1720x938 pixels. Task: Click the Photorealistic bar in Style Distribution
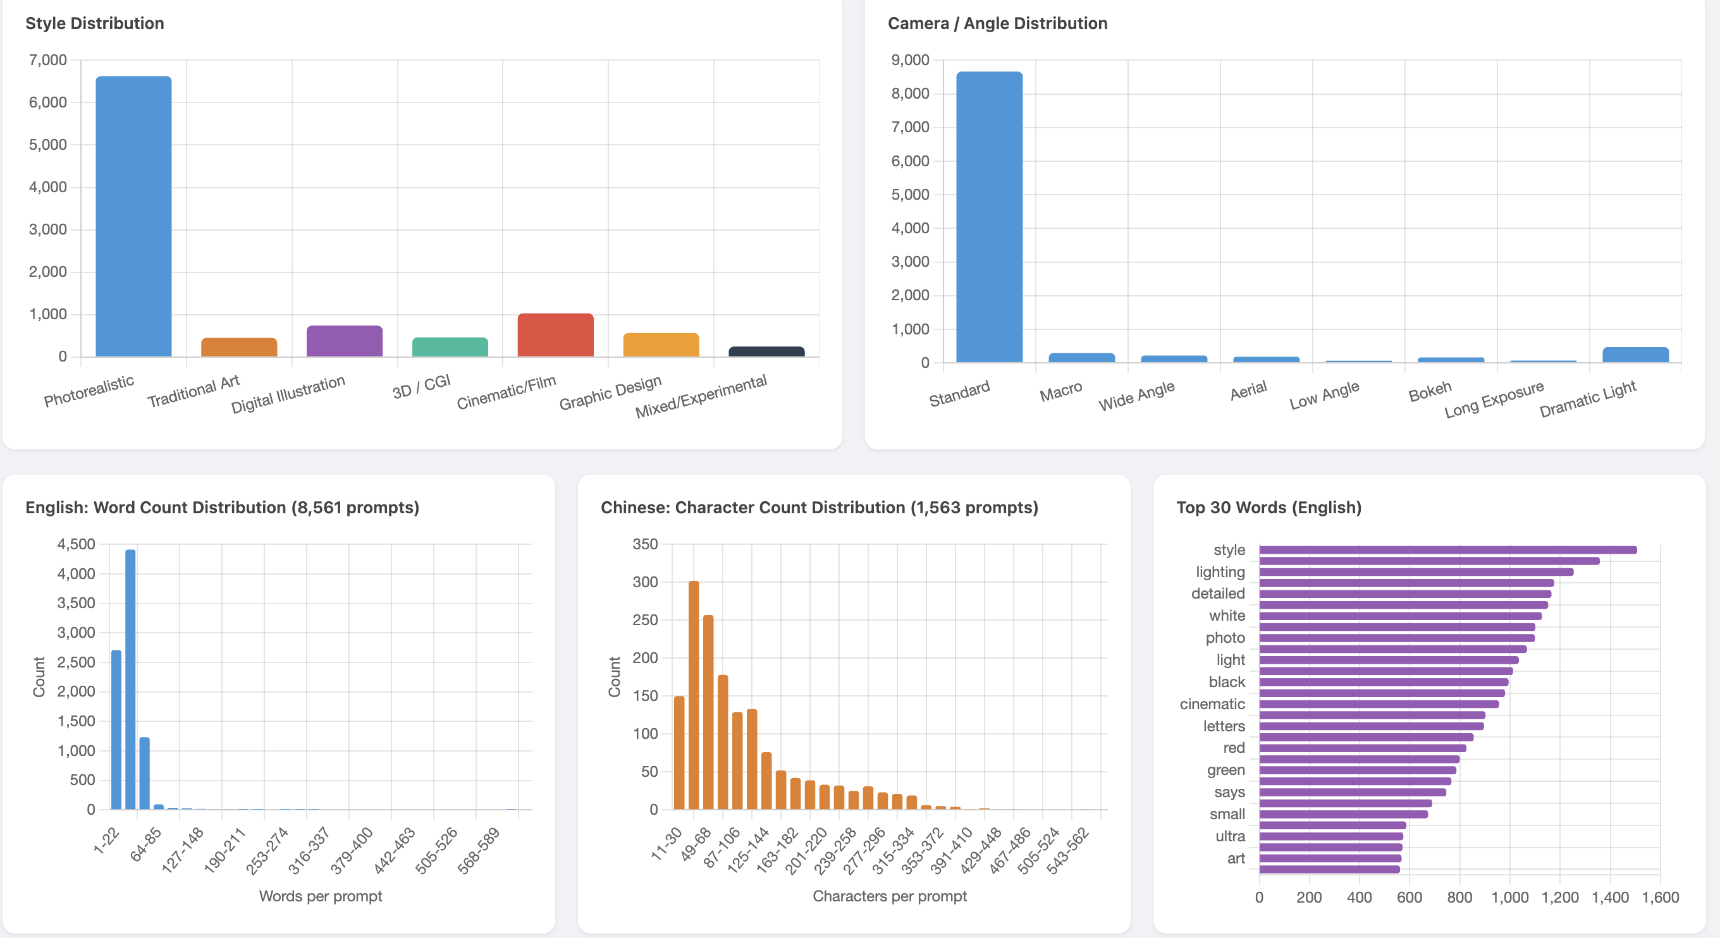pyautogui.click(x=133, y=216)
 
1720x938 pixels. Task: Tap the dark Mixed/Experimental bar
pyautogui.click(x=766, y=351)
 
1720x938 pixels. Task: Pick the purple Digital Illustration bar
pyautogui.click(x=344, y=341)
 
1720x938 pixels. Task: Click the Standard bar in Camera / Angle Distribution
pyautogui.click(x=989, y=217)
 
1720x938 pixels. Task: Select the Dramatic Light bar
pyautogui.click(x=1635, y=355)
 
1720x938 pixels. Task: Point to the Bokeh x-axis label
pyautogui.click(x=1430, y=391)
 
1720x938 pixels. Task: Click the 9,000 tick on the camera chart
pyautogui.click(x=909, y=60)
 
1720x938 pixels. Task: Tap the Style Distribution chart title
pyautogui.click(x=95, y=23)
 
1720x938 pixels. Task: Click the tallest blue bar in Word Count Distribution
pyautogui.click(x=130, y=679)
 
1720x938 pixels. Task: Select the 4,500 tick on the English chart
pyautogui.click(x=76, y=544)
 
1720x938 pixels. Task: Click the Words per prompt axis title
pyautogui.click(x=321, y=896)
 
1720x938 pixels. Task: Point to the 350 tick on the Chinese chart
pyautogui.click(x=645, y=544)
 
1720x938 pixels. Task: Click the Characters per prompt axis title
pyautogui.click(x=889, y=896)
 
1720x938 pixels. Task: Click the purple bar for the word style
pyautogui.click(x=1447, y=550)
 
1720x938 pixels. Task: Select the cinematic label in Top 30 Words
pyautogui.click(x=1212, y=703)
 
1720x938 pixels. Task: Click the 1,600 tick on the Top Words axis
pyautogui.click(x=1660, y=898)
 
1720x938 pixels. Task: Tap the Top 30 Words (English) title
pyautogui.click(x=1268, y=508)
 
